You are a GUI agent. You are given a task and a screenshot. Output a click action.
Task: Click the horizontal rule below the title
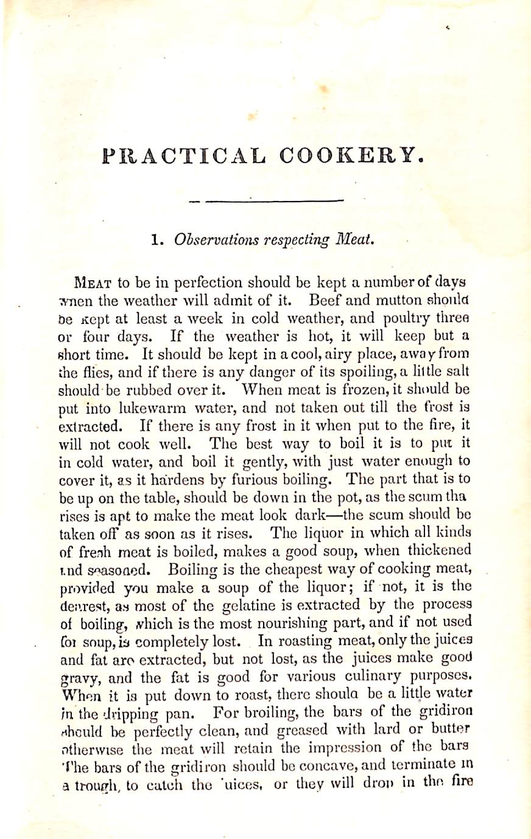(x=267, y=200)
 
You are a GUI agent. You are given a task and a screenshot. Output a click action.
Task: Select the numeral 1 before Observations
(x=155, y=240)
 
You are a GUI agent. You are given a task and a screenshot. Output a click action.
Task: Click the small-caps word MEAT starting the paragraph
(x=93, y=283)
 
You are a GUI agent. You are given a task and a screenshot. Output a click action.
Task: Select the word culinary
(x=382, y=676)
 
